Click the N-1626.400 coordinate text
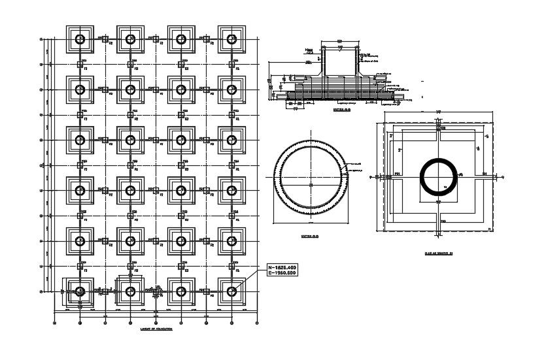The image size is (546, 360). (282, 267)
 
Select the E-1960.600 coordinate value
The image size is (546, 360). (282, 273)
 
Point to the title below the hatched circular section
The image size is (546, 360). (310, 236)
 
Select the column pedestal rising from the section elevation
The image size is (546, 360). (341, 62)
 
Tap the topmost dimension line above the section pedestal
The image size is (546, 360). (341, 42)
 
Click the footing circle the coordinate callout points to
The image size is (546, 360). (231, 291)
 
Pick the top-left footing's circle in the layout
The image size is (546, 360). (80, 39)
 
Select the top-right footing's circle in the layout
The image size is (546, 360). (231, 39)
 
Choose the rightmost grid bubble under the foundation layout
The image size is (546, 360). (256, 322)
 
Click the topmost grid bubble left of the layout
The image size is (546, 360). (43, 39)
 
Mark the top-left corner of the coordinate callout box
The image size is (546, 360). (266, 263)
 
